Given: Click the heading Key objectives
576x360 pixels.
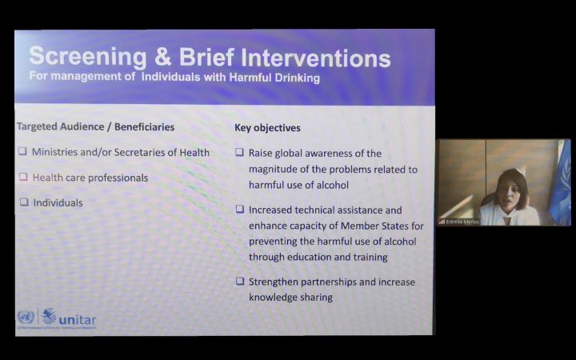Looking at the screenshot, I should pyautogui.click(x=267, y=127).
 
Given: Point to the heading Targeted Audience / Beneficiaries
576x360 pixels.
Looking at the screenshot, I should pyautogui.click(x=95, y=126).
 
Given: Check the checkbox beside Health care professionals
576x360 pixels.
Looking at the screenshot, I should pyautogui.click(x=23, y=178).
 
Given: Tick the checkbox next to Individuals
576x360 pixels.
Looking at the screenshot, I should pyautogui.click(x=23, y=202).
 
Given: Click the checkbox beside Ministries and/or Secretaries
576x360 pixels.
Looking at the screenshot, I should pyautogui.click(x=23, y=152).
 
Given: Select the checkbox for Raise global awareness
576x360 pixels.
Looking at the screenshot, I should pyautogui.click(x=239, y=153).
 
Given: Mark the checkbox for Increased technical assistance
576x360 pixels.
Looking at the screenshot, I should pyautogui.click(x=239, y=210).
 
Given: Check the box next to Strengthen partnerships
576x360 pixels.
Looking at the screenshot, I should pyautogui.click(x=239, y=282).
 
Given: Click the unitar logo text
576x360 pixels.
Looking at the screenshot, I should pyautogui.click(x=77, y=318).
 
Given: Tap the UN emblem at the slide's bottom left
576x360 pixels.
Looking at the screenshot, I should pyautogui.click(x=25, y=317).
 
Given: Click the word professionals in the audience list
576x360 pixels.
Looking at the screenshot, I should pyautogui.click(x=115, y=178).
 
